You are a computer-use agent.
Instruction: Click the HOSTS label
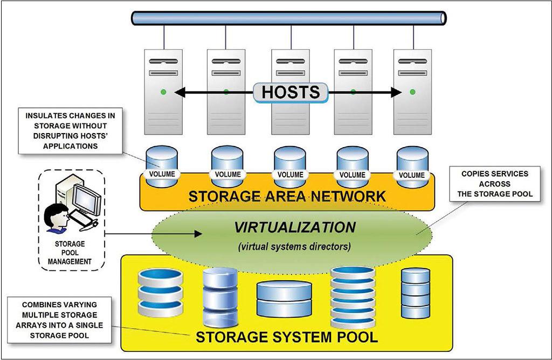click(291, 92)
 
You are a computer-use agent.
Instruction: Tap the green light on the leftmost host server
click(162, 92)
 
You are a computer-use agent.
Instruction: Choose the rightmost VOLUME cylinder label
click(412, 175)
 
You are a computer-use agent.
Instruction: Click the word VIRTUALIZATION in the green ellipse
click(294, 227)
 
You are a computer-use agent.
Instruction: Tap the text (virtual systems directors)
click(294, 247)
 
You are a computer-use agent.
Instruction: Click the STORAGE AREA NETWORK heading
click(287, 196)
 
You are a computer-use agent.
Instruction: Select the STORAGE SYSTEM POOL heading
click(286, 338)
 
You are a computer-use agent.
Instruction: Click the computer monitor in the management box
click(86, 199)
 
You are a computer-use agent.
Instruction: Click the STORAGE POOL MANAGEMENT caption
click(73, 253)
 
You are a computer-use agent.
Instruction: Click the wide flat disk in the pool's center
click(284, 299)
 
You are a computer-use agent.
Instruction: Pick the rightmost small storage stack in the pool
click(416, 294)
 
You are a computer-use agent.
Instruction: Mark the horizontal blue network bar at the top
click(289, 18)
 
